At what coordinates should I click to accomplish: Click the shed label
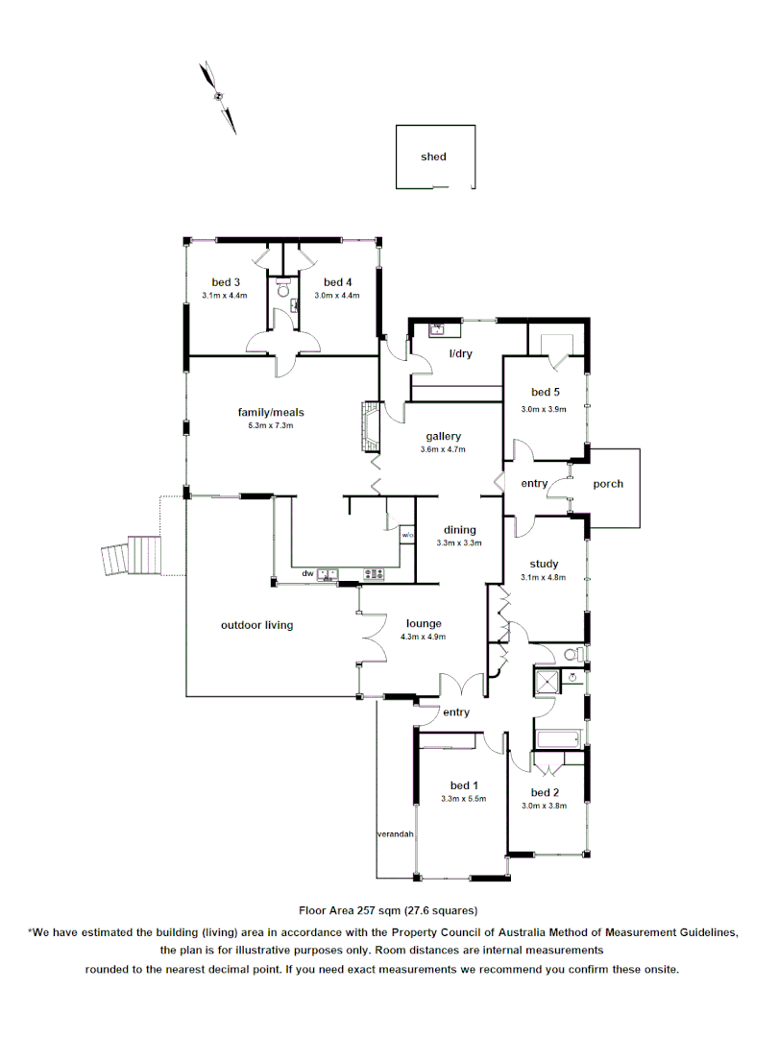pyautogui.click(x=433, y=157)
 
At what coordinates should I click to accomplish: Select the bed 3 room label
pyautogui.click(x=226, y=282)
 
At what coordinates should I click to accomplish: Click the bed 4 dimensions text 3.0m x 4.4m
pyautogui.click(x=338, y=296)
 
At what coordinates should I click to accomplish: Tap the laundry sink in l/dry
pyautogui.click(x=439, y=329)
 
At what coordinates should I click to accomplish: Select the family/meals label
pyautogui.click(x=271, y=413)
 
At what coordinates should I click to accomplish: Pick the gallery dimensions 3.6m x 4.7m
pyautogui.click(x=443, y=449)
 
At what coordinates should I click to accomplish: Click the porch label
pyautogui.click(x=607, y=484)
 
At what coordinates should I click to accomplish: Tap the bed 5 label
pyautogui.click(x=545, y=392)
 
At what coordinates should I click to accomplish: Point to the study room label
pyautogui.click(x=545, y=565)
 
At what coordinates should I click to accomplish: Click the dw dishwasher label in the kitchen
pyautogui.click(x=307, y=574)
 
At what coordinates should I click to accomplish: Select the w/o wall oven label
pyautogui.click(x=407, y=535)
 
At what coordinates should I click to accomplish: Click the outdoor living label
pyautogui.click(x=256, y=625)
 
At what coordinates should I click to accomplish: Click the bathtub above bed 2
pyautogui.click(x=556, y=740)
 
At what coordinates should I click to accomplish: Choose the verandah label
pyautogui.click(x=395, y=834)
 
